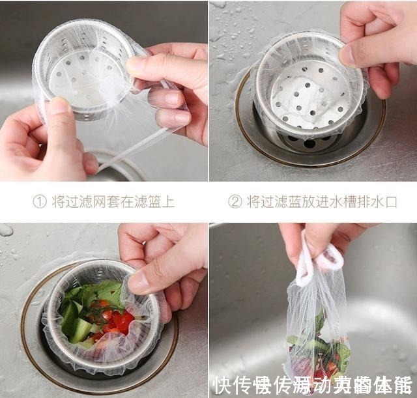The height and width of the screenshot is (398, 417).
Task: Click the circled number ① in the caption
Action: coord(40,202)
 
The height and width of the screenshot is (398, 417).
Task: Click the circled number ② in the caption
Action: coord(235,202)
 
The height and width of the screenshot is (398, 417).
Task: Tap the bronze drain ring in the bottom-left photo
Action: coord(29,339)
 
